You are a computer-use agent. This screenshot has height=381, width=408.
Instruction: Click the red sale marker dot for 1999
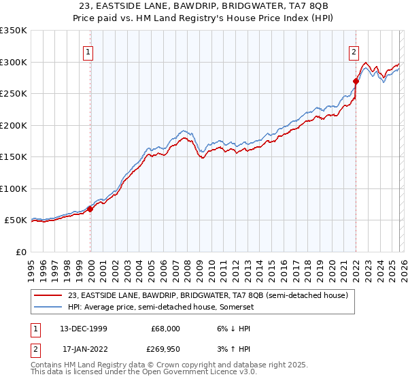pyautogui.click(x=90, y=209)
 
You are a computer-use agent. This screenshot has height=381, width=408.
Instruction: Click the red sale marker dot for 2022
pyautogui.click(x=356, y=81)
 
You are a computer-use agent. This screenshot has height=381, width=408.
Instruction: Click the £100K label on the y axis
pyautogui.click(x=14, y=188)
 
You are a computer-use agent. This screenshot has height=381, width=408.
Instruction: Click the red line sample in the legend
pyautogui.click(x=49, y=295)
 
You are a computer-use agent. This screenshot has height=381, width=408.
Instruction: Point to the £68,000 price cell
pyautogui.click(x=165, y=328)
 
